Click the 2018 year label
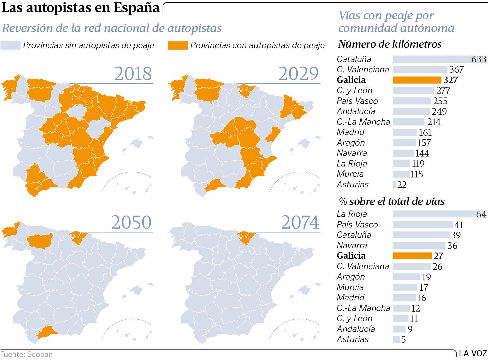[x=133, y=74]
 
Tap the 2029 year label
[x=298, y=74]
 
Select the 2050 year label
[x=131, y=222]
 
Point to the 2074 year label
[x=300, y=222]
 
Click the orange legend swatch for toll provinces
[x=178, y=45]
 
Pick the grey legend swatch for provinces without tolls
[x=10, y=45]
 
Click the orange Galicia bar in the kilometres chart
[x=417, y=80]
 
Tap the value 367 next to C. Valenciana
[x=457, y=70]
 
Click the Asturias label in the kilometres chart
[x=353, y=185]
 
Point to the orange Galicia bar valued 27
[x=412, y=256]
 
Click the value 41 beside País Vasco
[x=459, y=225]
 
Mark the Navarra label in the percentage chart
[x=352, y=246]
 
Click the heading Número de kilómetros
[x=390, y=44]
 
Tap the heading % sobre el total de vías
[x=392, y=201]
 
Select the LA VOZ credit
[x=473, y=354]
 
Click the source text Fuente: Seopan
[x=26, y=354]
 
